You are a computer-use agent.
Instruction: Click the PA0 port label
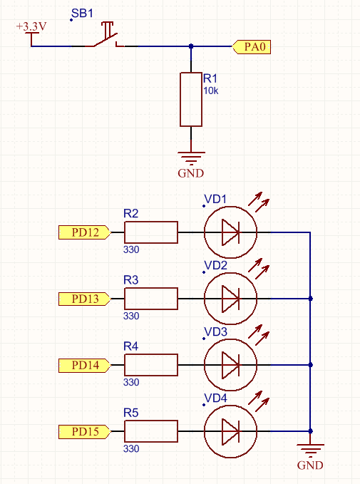click(x=252, y=47)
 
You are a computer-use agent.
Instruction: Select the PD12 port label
click(x=84, y=232)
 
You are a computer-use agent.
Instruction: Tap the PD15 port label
click(x=84, y=431)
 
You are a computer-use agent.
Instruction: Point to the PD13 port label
click(x=84, y=299)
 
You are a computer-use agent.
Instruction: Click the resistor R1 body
click(x=191, y=99)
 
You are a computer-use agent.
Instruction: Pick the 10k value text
click(x=210, y=91)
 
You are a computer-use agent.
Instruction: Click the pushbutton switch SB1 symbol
click(x=105, y=34)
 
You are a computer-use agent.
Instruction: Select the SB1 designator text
click(x=82, y=14)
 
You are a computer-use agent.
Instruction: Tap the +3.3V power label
click(x=31, y=26)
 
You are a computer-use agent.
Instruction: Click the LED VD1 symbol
click(x=230, y=232)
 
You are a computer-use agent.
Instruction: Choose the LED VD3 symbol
click(x=230, y=365)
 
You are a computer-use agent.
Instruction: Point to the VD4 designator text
click(x=216, y=398)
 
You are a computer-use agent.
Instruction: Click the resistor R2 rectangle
click(x=151, y=232)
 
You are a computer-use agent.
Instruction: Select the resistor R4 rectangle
click(x=151, y=365)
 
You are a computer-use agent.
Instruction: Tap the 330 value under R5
click(x=131, y=448)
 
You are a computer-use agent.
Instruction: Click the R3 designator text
click(x=131, y=280)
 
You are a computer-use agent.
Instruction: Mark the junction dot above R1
click(x=191, y=46)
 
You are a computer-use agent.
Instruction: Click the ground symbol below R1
click(x=191, y=158)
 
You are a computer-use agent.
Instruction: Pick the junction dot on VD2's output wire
click(x=311, y=299)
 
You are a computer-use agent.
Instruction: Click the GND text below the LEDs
click(x=310, y=465)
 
